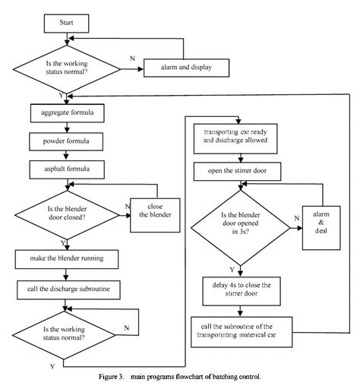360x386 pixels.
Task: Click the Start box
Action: tap(65, 24)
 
